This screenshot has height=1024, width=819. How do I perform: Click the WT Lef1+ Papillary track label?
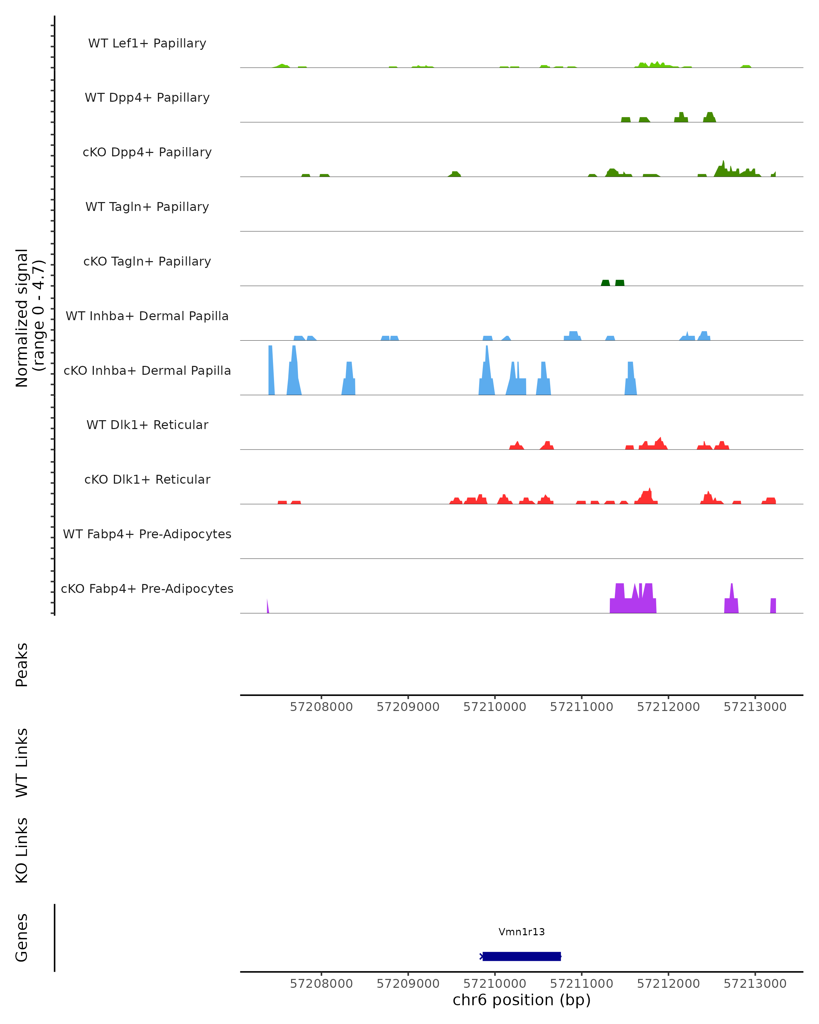[x=147, y=43]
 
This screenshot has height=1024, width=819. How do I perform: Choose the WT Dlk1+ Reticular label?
[x=147, y=425]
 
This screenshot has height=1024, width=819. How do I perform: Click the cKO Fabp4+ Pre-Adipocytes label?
[x=147, y=588]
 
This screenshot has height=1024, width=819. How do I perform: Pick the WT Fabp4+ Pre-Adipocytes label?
[x=147, y=534]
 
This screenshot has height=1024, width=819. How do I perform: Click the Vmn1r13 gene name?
[x=521, y=932]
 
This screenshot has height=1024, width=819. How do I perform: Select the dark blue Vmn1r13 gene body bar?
[x=521, y=956]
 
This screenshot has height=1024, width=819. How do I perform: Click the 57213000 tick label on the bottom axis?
[x=755, y=984]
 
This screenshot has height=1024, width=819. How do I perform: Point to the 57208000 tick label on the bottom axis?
[x=321, y=984]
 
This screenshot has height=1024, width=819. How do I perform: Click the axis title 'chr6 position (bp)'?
[x=521, y=1000]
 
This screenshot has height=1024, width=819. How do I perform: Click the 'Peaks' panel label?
[x=22, y=665]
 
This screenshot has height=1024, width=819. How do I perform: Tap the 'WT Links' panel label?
[x=22, y=762]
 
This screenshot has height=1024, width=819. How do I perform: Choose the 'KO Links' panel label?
[x=22, y=850]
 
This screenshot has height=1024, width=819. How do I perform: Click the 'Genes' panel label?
[x=22, y=938]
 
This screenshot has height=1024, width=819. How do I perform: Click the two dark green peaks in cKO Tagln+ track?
[x=613, y=283]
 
